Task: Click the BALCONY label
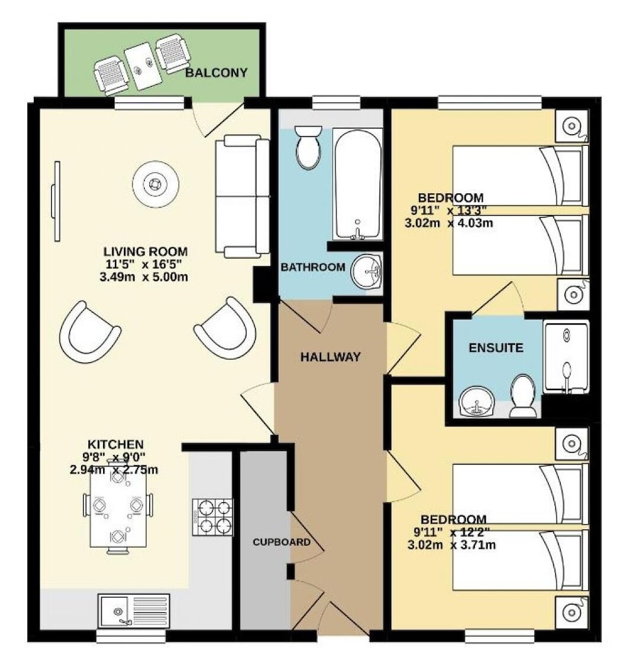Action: (x=216, y=73)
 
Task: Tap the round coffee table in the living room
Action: (x=156, y=184)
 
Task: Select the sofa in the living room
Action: (x=243, y=196)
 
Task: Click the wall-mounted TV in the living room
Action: (x=56, y=202)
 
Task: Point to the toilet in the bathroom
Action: (x=308, y=147)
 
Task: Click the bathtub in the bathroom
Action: (x=357, y=184)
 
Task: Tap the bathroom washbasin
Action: (x=367, y=271)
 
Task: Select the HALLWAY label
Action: (x=330, y=356)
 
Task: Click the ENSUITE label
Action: (x=496, y=348)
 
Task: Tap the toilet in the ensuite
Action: (x=524, y=395)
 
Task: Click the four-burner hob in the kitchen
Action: (x=213, y=517)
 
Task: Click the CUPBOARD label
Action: (x=282, y=542)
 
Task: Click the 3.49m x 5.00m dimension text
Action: (x=143, y=277)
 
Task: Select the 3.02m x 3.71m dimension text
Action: (x=452, y=545)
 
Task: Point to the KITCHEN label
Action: (x=115, y=445)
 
